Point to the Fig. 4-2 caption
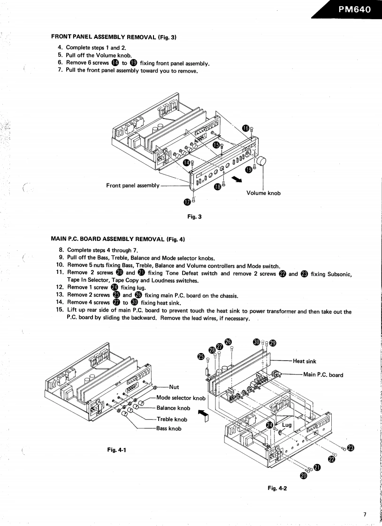(x=277, y=488)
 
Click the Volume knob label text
(x=263, y=193)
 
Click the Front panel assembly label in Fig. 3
(x=133, y=186)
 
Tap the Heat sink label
(x=305, y=361)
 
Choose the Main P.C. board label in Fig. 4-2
(x=323, y=375)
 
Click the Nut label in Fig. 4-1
(x=174, y=387)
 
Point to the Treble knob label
(x=172, y=419)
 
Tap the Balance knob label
(x=173, y=408)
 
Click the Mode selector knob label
(x=181, y=398)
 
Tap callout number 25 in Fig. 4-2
(x=201, y=357)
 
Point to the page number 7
(x=365, y=514)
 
